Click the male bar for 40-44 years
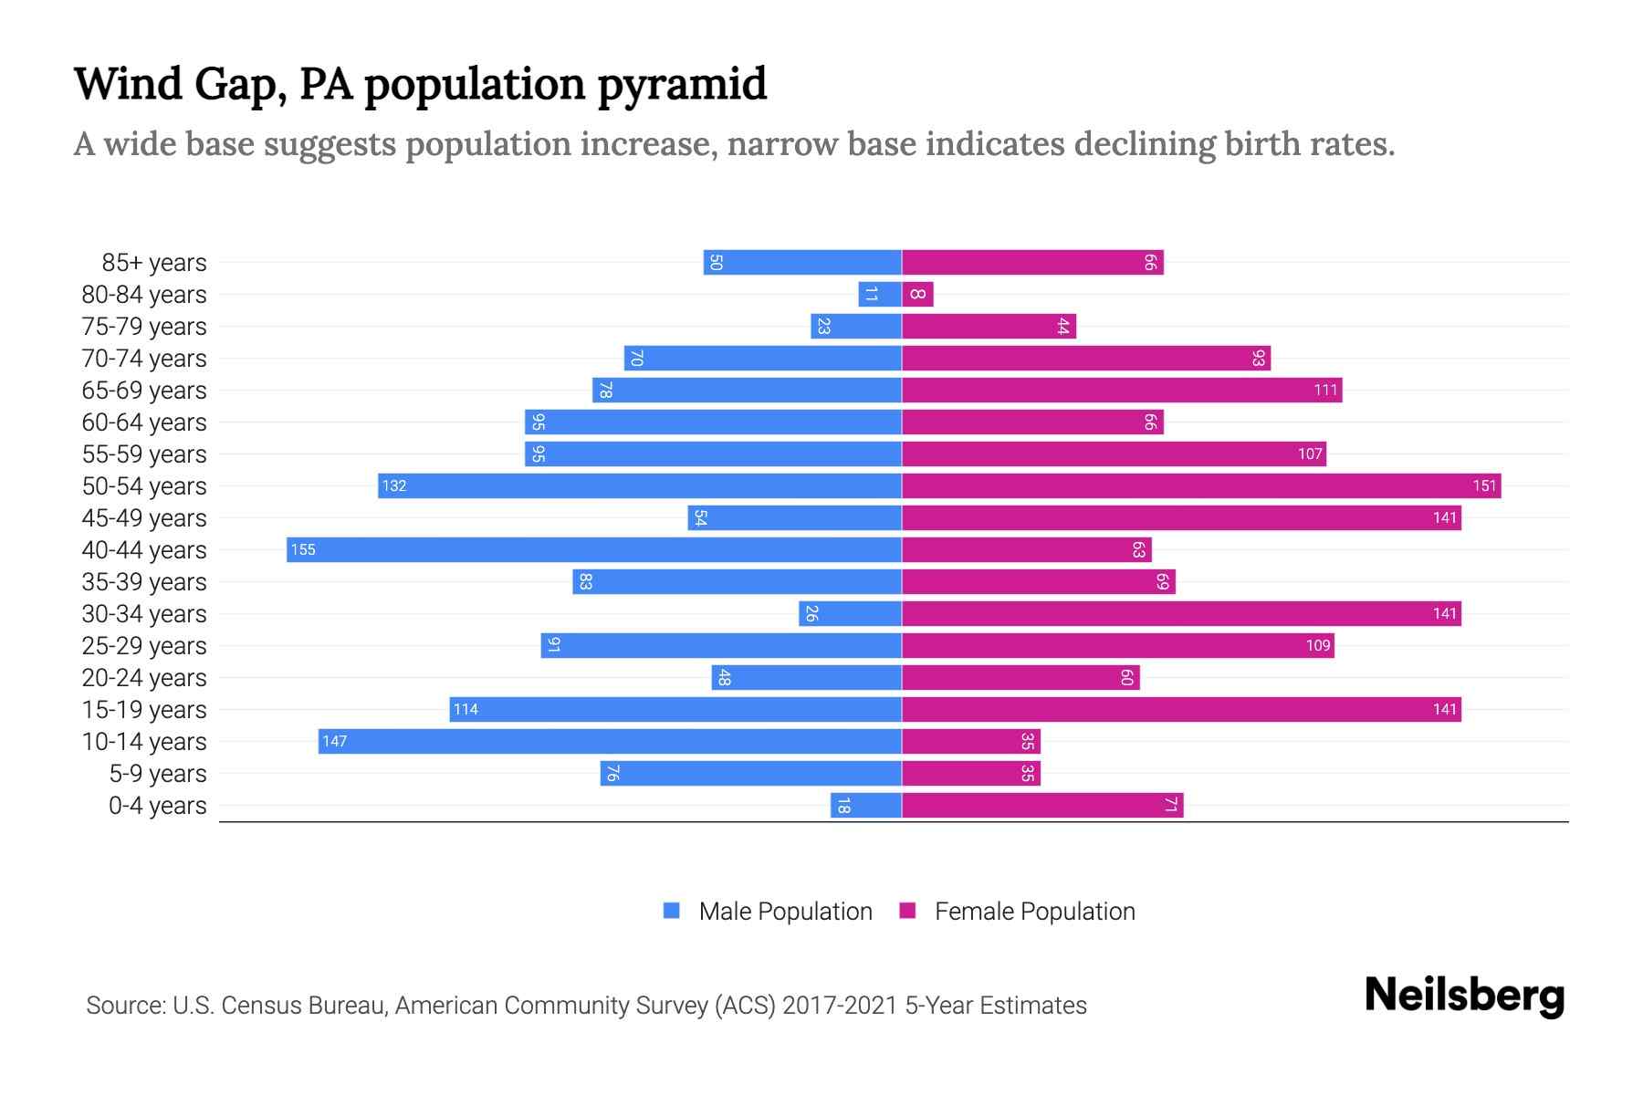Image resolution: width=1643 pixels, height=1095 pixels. (x=593, y=549)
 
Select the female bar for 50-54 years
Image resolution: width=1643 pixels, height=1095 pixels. (x=1201, y=485)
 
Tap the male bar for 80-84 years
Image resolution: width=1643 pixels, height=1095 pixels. (x=880, y=294)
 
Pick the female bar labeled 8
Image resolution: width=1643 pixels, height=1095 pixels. (x=917, y=294)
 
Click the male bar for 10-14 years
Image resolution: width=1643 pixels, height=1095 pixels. (x=610, y=741)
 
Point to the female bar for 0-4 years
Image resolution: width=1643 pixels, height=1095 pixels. (x=1042, y=805)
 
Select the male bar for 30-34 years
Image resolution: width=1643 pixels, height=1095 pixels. (x=850, y=613)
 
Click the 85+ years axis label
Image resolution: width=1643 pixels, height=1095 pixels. (x=154, y=263)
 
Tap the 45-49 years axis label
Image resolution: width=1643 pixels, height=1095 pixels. (x=144, y=518)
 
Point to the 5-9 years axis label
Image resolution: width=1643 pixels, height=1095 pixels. (x=158, y=774)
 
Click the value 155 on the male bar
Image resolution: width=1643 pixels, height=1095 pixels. (x=303, y=549)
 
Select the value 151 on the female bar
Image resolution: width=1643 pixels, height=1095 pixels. (x=1484, y=485)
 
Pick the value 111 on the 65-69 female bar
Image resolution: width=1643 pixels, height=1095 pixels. (x=1325, y=391)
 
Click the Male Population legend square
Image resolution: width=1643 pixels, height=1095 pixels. (x=672, y=911)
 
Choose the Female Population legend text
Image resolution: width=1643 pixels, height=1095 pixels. (x=1034, y=911)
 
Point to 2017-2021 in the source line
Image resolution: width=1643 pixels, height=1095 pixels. (x=839, y=1006)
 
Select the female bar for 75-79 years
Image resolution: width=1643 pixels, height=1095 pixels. (x=989, y=327)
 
